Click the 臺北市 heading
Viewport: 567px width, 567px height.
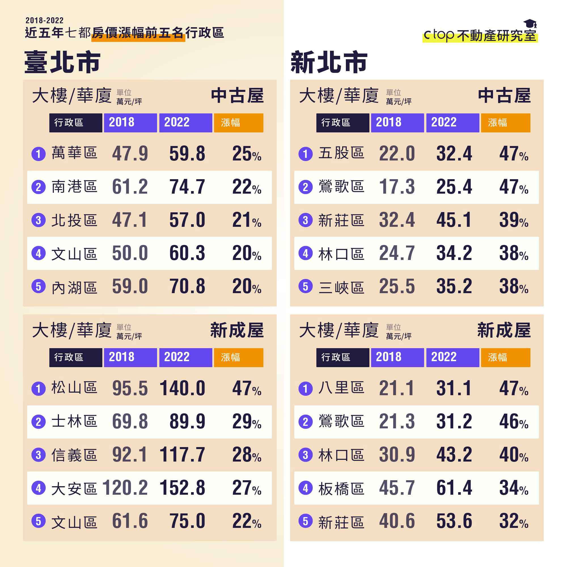[62, 62]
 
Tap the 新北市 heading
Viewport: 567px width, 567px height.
[329, 62]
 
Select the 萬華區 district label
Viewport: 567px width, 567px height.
[74, 153]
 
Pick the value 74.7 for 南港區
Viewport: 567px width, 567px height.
[187, 187]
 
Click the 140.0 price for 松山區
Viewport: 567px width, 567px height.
[182, 388]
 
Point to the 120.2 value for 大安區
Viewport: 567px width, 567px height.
[125, 488]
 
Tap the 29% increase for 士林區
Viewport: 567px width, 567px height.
[247, 422]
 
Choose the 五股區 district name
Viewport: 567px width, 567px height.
[341, 153]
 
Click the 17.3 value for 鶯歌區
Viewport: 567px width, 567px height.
[397, 187]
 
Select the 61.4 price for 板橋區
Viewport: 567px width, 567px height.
[454, 488]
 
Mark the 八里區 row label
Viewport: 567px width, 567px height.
[341, 388]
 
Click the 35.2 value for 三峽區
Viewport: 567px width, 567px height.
[454, 286]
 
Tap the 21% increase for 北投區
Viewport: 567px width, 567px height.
[247, 220]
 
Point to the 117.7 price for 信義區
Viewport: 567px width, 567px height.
[182, 455]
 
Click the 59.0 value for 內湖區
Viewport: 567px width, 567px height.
[130, 286]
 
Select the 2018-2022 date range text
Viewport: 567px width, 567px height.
[45, 20]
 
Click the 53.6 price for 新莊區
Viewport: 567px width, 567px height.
[454, 521]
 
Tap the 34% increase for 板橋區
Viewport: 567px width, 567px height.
[514, 488]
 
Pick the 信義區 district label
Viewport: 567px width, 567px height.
[74, 455]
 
